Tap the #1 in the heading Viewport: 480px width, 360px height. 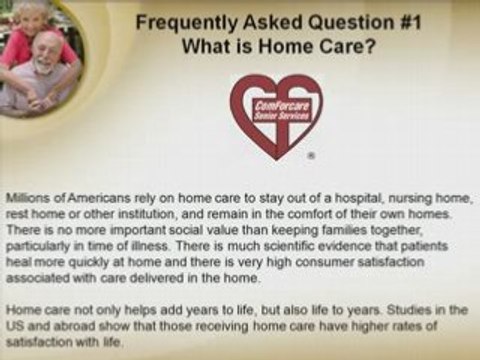click(361, 23)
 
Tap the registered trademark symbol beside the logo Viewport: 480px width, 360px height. click(311, 157)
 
